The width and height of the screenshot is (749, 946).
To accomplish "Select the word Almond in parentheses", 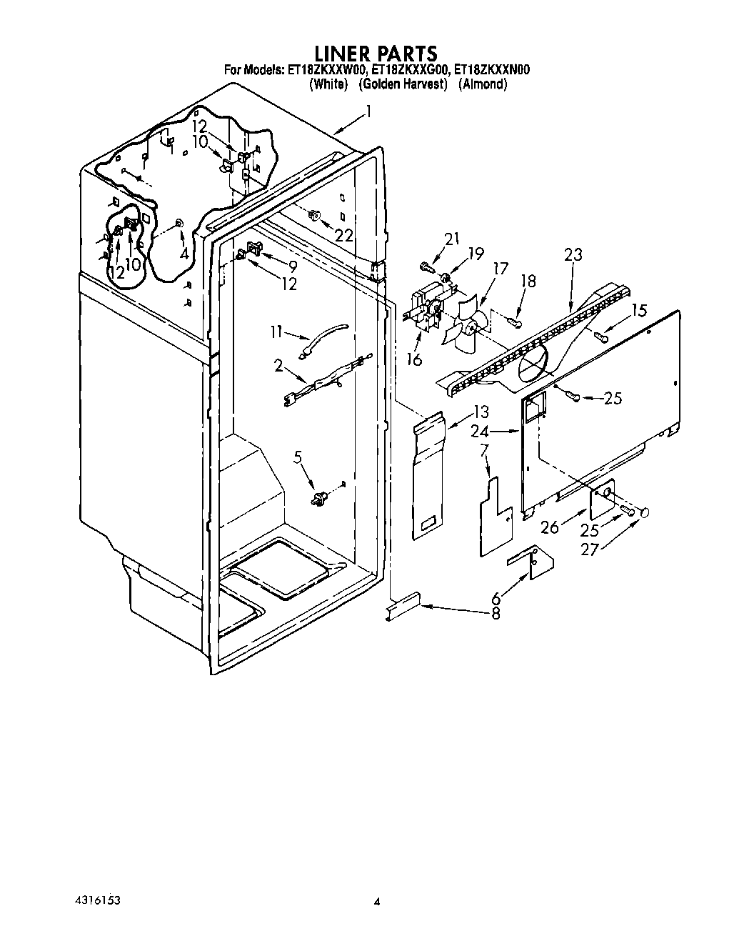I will coord(483,84).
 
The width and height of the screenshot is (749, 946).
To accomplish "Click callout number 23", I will coord(573,254).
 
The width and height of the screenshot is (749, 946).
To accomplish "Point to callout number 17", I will coord(500,269).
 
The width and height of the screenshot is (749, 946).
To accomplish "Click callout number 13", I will coord(480,412).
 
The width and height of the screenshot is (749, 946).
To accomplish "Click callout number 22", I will coord(344,234).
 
